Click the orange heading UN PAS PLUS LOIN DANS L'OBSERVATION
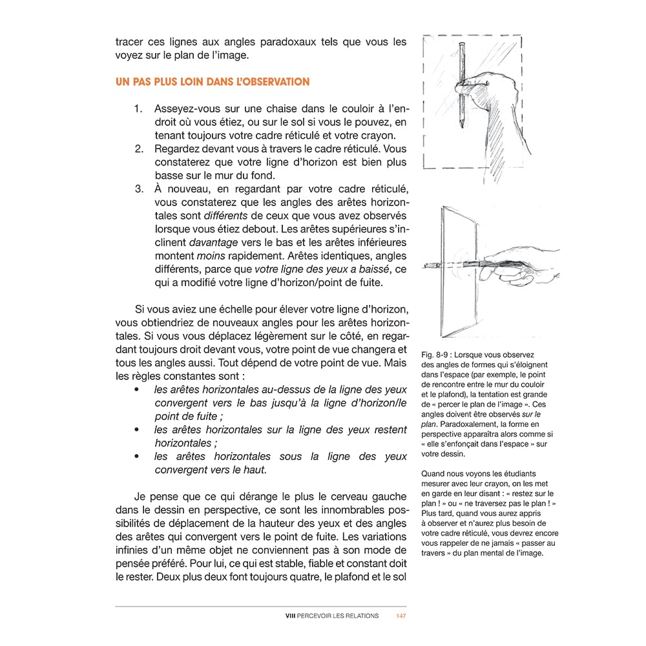click(x=213, y=82)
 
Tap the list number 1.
click(x=138, y=109)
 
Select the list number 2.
click(x=138, y=149)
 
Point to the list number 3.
click(x=138, y=189)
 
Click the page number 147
click(x=401, y=616)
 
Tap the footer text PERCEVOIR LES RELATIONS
click(x=337, y=616)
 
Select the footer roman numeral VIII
click(x=290, y=616)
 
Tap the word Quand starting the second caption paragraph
click(x=434, y=474)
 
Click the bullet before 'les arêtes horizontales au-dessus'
click(x=136, y=390)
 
